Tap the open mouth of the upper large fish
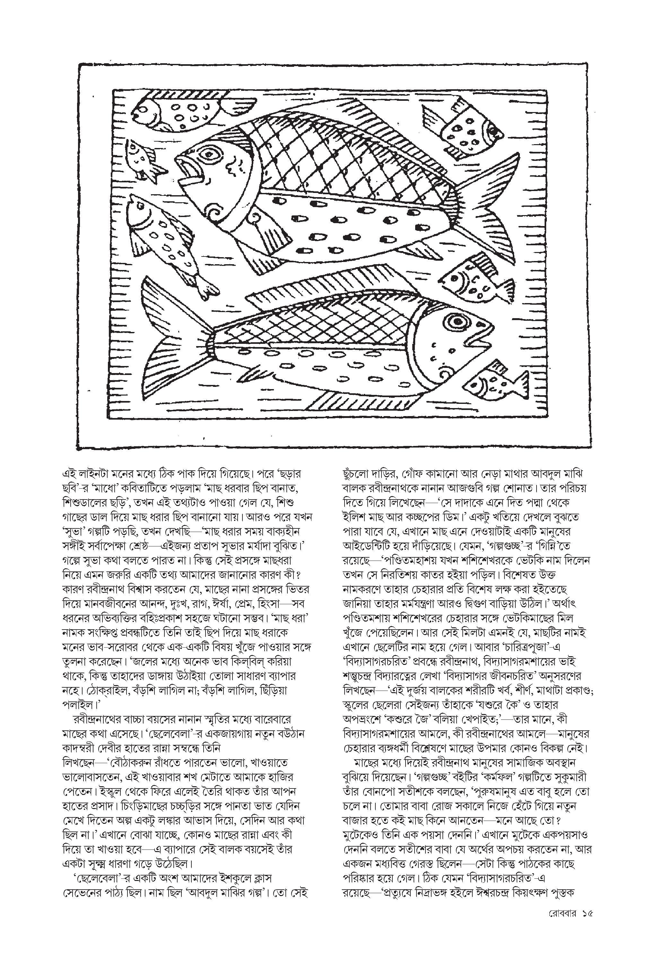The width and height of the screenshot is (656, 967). tap(187, 170)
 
